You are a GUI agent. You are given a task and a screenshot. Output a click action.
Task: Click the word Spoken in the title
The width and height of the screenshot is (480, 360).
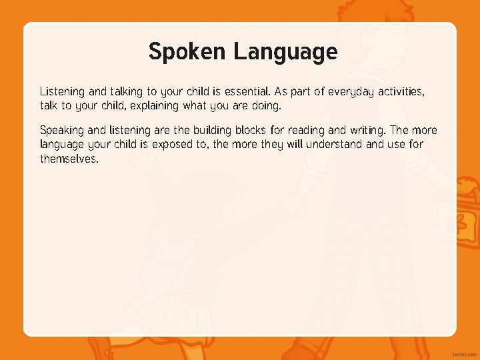pyautogui.click(x=187, y=51)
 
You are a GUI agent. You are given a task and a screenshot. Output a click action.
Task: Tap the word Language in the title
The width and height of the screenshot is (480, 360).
pyautogui.click(x=285, y=51)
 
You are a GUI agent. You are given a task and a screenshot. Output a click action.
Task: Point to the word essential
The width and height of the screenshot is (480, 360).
pyautogui.click(x=247, y=91)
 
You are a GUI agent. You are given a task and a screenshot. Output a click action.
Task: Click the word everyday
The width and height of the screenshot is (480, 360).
pyautogui.click(x=351, y=91)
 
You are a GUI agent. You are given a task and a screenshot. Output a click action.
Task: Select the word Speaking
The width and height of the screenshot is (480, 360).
pyautogui.click(x=61, y=131)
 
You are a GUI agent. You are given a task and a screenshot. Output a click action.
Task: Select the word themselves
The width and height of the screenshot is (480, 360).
pyautogui.click(x=69, y=159)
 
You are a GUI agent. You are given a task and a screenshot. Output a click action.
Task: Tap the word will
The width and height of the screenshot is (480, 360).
pyautogui.click(x=294, y=144)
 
